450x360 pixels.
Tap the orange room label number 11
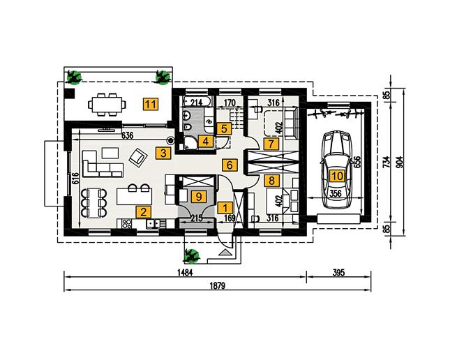coord(149,105)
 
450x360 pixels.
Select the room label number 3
coord(163,152)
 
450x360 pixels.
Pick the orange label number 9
coord(199,197)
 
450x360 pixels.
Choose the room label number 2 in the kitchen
coord(142,212)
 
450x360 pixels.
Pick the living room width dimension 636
coord(127,135)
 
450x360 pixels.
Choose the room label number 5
coord(223,128)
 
